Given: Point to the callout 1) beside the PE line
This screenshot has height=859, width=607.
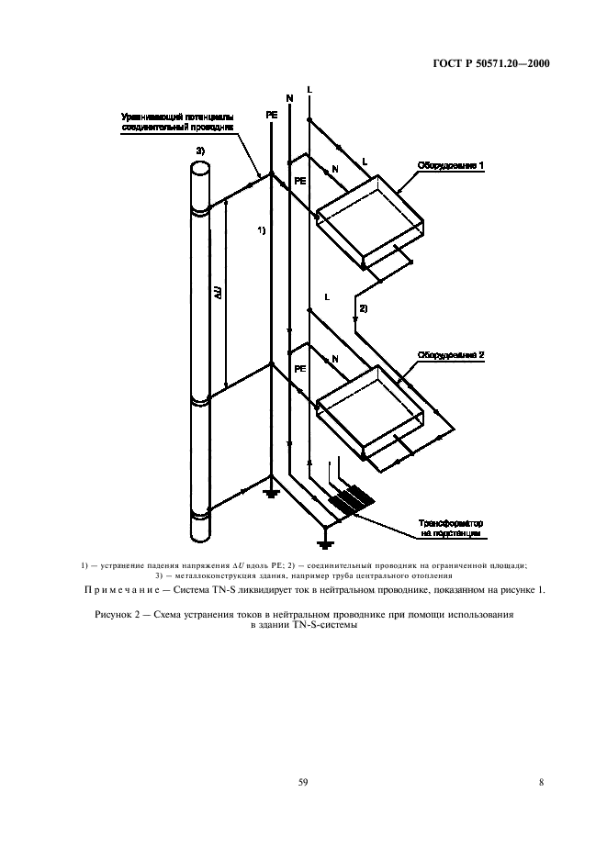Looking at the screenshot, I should [x=261, y=230].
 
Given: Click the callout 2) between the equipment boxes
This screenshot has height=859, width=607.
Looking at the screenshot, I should [x=363, y=308].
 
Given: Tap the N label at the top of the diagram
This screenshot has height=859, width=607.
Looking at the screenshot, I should [x=290, y=97].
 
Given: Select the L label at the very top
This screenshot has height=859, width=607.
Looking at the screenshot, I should [x=309, y=89].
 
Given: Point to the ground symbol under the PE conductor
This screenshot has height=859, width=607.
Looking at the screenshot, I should [x=271, y=493].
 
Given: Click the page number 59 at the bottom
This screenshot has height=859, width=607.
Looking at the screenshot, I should [x=303, y=782].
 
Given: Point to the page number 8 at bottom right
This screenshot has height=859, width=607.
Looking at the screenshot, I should [x=541, y=782].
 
